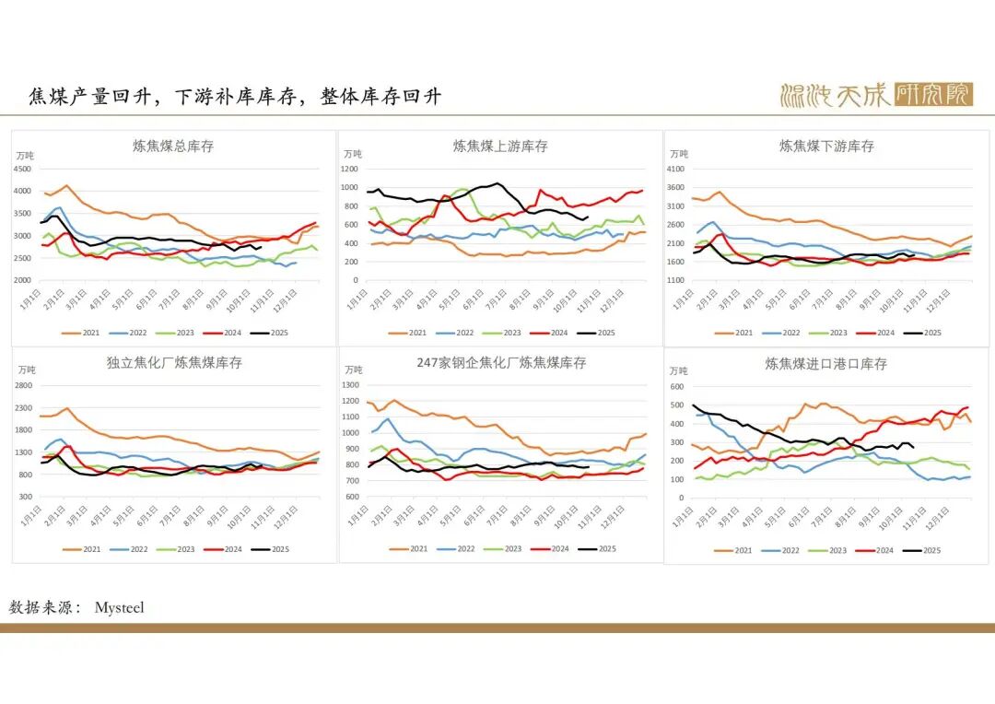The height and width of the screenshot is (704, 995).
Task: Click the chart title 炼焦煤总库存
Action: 173,146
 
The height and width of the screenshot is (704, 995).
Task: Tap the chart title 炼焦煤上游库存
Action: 500,146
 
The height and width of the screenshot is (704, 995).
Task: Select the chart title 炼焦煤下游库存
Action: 826,146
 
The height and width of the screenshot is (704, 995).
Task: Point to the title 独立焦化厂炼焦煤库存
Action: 174,363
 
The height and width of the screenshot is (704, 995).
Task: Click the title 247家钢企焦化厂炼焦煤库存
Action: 501,363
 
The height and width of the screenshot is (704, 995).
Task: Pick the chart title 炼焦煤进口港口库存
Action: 826,364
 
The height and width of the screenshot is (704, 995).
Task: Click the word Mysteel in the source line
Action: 119,608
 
